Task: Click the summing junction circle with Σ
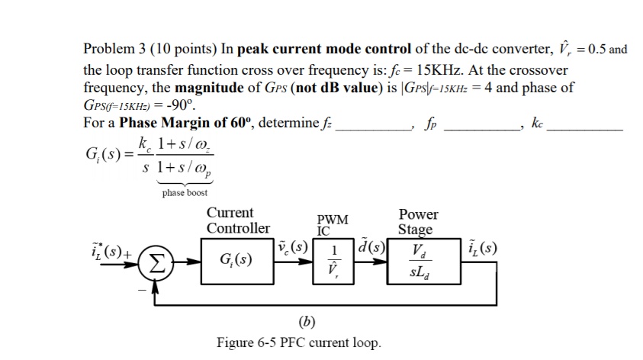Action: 155,263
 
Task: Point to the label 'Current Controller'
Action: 238,220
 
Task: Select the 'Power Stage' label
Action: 419,222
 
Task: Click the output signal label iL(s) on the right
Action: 484,248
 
